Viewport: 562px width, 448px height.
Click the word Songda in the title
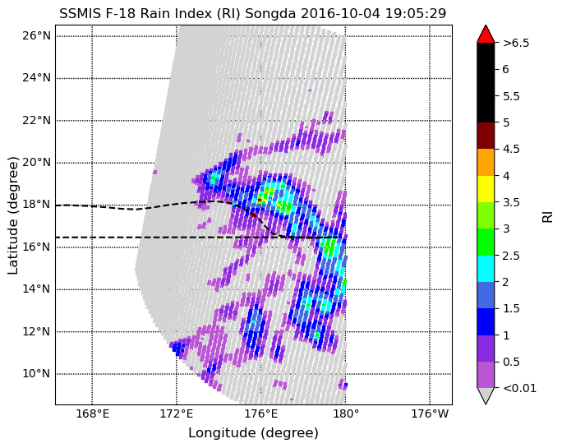[x=270, y=14]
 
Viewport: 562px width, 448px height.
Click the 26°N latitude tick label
[x=36, y=36]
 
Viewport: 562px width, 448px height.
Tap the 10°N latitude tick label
[x=36, y=374]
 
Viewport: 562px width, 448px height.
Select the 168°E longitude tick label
[x=92, y=414]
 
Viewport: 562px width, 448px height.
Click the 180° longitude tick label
[x=346, y=414]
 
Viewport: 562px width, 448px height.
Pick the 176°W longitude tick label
[x=430, y=414]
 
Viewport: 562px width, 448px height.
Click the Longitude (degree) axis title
[x=253, y=433]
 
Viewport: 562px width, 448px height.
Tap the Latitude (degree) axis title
[x=13, y=215]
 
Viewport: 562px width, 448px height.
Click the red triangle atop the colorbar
[x=486, y=35]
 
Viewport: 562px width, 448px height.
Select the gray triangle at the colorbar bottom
[x=486, y=395]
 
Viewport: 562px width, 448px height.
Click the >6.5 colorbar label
[x=516, y=43]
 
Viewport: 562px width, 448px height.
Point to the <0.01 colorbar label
[x=520, y=388]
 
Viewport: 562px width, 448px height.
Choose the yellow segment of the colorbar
[x=486, y=189]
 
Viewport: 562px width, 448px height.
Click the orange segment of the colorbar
[x=486, y=163]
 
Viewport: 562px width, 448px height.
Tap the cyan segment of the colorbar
[x=486, y=269]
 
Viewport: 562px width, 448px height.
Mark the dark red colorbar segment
[x=486, y=136]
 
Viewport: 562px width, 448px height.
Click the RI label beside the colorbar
[x=547, y=217]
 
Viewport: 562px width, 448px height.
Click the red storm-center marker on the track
[x=253, y=215]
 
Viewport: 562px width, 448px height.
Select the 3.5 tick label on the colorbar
[x=511, y=202]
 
